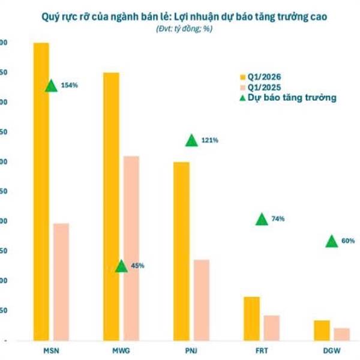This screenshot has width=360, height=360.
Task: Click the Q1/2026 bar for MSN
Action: pyautogui.click(x=41, y=192)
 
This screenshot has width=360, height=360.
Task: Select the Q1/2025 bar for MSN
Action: pyautogui.click(x=61, y=282)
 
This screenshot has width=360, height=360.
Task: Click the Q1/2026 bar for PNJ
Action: pyautogui.click(x=181, y=251)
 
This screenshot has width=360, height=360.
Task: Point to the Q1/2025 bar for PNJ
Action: pyautogui.click(x=201, y=300)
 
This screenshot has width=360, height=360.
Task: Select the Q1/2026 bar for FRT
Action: pyautogui.click(x=251, y=319)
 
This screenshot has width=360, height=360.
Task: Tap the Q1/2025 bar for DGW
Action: pyautogui.click(x=341, y=334)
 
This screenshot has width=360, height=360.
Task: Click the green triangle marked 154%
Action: pyautogui.click(x=52, y=85)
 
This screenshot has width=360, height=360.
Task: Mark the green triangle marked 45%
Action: pyautogui.click(x=121, y=266)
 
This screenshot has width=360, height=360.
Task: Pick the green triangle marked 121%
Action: pyautogui.click(x=191, y=140)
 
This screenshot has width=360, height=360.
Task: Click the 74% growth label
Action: pyautogui.click(x=278, y=219)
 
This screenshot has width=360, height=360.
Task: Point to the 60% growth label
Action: pyautogui.click(x=348, y=241)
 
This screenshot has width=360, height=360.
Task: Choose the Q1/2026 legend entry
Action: pyautogui.click(x=260, y=76)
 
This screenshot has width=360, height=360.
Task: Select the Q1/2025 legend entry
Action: pyautogui.click(x=260, y=86)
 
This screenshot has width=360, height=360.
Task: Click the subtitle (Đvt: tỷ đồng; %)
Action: pyautogui.click(x=180, y=29)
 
